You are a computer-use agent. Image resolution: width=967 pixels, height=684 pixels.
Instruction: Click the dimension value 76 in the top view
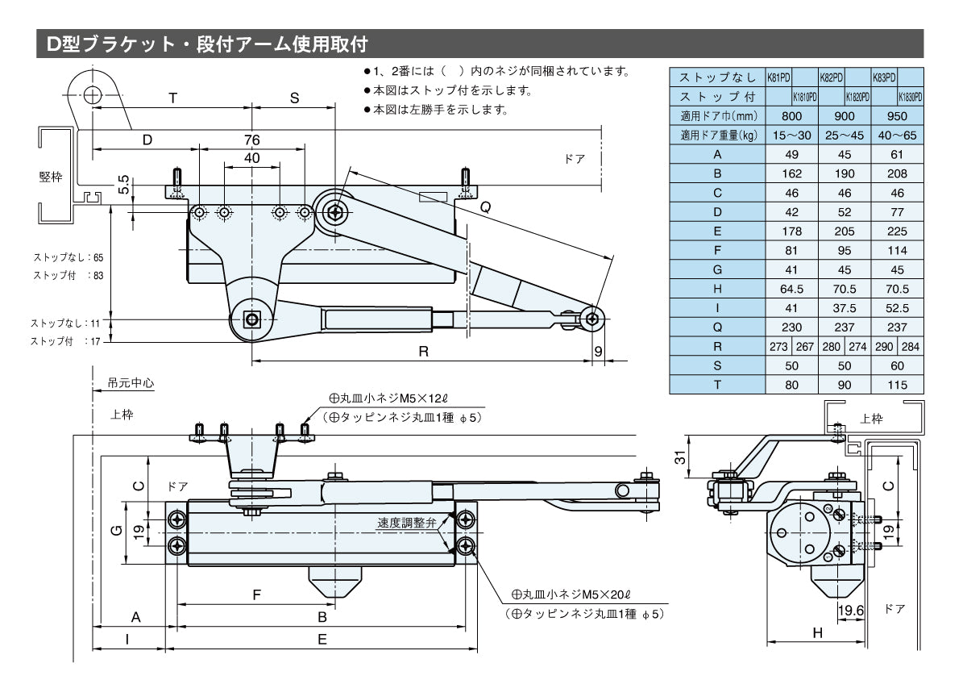(x=252, y=140)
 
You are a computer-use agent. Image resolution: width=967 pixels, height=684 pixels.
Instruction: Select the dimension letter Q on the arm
(x=485, y=206)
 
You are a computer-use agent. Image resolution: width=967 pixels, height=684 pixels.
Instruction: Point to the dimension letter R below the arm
(x=423, y=351)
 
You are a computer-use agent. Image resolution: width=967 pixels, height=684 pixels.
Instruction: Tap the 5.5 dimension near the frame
(x=122, y=186)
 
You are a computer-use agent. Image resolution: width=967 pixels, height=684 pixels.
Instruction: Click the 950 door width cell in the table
(x=897, y=115)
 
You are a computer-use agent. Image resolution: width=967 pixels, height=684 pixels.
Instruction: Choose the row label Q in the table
(x=717, y=327)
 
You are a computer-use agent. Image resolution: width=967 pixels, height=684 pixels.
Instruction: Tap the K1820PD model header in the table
(x=857, y=97)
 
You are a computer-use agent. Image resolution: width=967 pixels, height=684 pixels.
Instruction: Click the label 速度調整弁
(x=406, y=523)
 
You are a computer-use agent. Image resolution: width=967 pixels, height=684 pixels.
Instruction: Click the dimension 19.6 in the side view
(x=850, y=611)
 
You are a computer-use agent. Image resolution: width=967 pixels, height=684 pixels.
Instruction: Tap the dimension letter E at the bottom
(x=322, y=640)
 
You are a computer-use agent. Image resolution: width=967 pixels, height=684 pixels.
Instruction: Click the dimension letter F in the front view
(x=256, y=595)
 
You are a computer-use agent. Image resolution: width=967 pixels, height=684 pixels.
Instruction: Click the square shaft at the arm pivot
(x=253, y=320)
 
